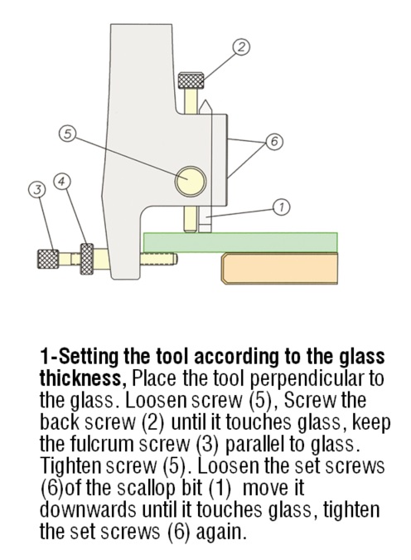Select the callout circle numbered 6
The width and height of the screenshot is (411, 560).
(x=271, y=141)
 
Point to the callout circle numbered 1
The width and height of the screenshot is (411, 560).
(x=280, y=207)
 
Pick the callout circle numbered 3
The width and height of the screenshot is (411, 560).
(x=36, y=190)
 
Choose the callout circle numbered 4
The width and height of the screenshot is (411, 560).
(x=60, y=179)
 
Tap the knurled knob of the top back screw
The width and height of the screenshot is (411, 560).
(x=195, y=80)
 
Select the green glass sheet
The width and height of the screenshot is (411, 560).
(x=240, y=241)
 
